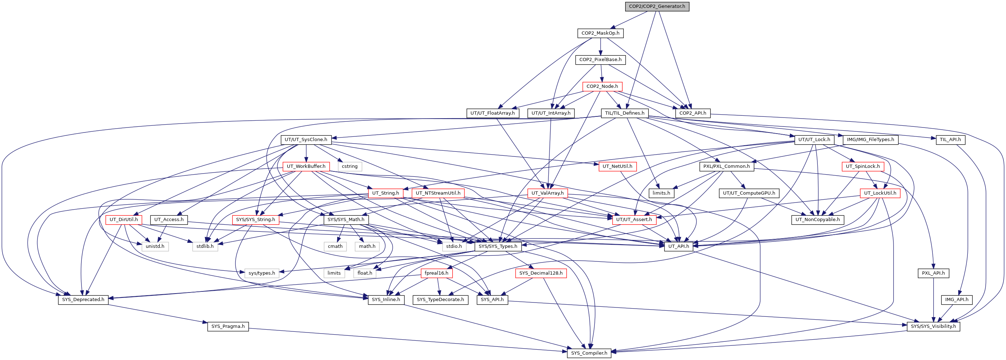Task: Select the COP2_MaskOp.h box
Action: pos(600,33)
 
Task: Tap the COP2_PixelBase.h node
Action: pos(600,60)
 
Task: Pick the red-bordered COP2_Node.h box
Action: pos(602,86)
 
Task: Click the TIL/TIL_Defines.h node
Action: pos(624,113)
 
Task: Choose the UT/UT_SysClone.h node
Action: pos(306,139)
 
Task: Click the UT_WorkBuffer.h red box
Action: pos(306,166)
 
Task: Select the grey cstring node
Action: pos(349,166)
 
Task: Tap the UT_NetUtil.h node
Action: pos(617,166)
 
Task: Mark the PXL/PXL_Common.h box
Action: pos(726,166)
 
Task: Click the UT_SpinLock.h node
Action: pos(863,166)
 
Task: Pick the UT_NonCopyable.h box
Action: pos(817,220)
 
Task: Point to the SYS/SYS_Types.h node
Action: pos(498,246)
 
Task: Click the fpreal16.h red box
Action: pos(436,273)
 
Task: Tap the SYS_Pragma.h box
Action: pos(228,326)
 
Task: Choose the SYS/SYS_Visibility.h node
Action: pos(933,326)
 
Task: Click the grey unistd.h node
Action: pos(155,246)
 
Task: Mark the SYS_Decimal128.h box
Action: pos(541,273)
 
